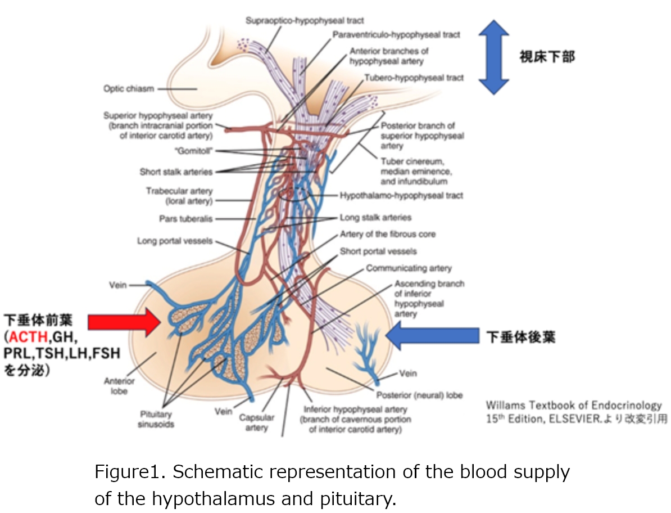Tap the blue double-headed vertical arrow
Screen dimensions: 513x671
tap(493, 56)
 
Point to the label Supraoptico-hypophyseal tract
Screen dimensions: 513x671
tap(305, 21)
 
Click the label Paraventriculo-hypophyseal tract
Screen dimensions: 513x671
tap(396, 35)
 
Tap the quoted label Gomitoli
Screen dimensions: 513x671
tap(193, 151)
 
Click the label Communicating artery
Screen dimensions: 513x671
tap(409, 268)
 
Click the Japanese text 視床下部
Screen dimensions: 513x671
tap(547, 56)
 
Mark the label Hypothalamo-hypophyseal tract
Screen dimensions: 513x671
tap(401, 196)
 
